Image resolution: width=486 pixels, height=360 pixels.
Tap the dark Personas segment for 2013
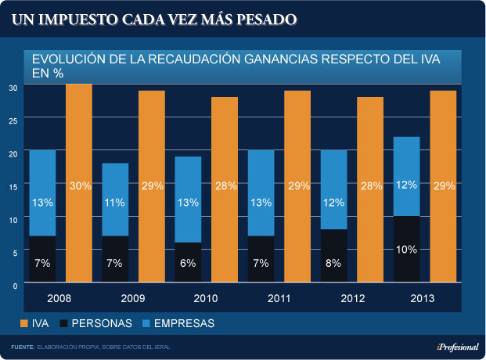[406, 249]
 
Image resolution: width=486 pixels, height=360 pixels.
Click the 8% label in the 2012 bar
[333, 263]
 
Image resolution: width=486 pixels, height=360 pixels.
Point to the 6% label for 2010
[188, 263]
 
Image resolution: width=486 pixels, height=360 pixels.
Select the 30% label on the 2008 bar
[79, 185]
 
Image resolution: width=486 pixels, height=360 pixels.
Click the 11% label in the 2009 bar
[115, 202]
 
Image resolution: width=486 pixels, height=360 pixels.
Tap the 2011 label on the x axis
[261, 299]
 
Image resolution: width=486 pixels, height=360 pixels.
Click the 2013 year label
[406, 299]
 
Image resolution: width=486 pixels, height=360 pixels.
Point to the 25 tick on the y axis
[13, 120]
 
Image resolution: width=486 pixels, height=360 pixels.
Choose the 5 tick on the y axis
[13, 253]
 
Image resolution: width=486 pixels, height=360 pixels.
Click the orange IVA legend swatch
[23, 322]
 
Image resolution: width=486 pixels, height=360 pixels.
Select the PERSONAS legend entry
[99, 322]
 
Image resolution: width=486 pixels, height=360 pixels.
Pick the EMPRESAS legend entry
[183, 322]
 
